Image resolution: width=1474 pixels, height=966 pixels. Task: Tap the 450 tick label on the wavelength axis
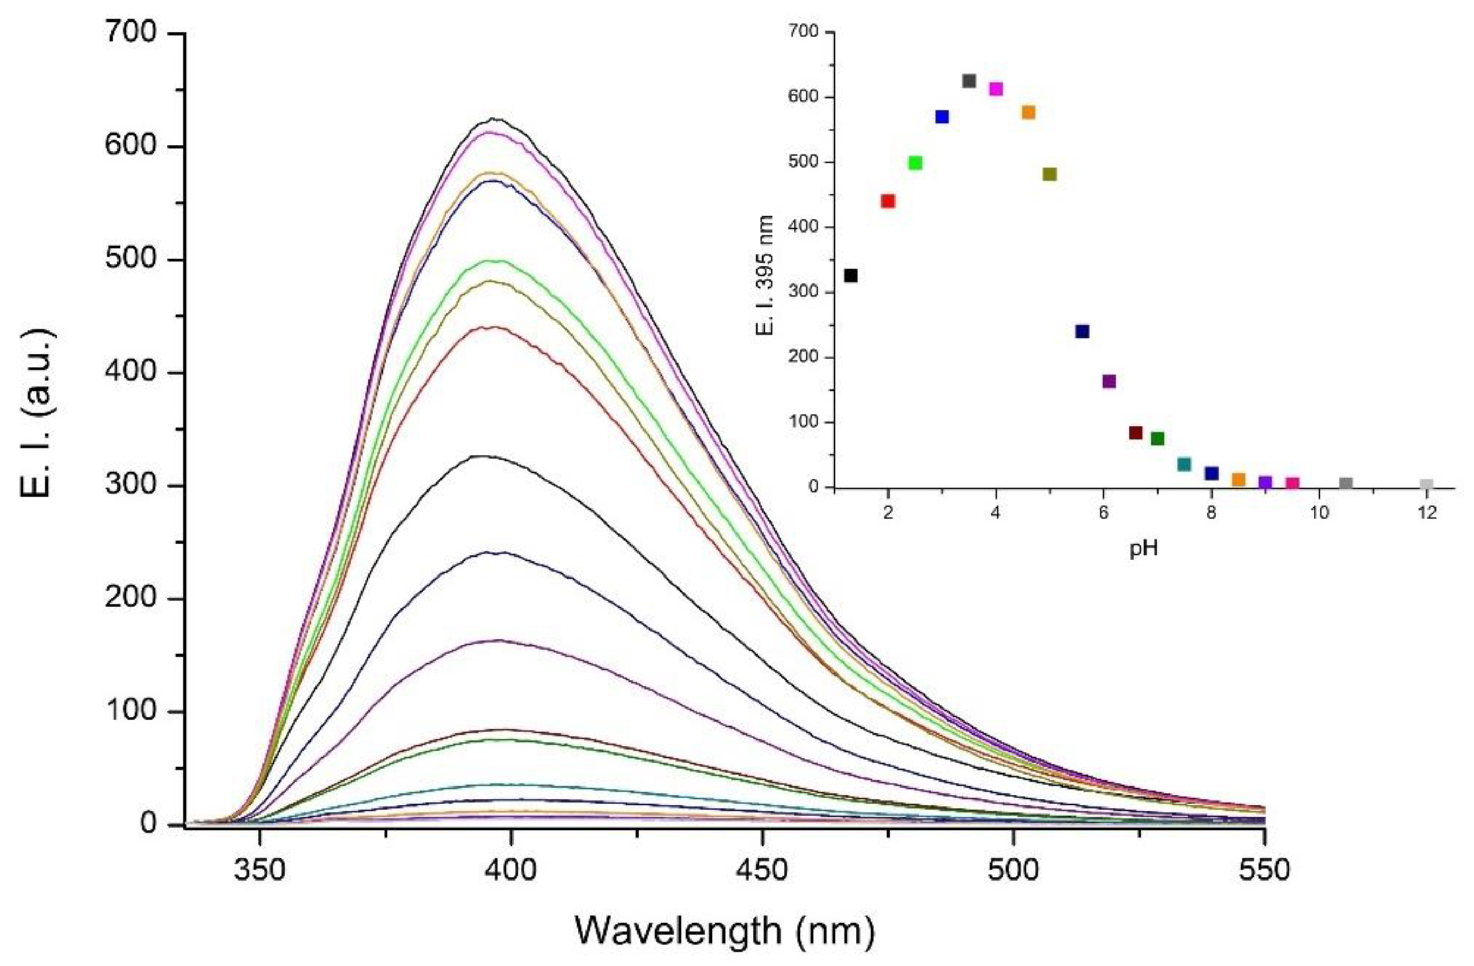(x=762, y=871)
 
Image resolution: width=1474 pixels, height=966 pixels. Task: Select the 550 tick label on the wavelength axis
(x=1264, y=871)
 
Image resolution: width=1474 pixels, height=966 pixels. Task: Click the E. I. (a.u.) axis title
(x=38, y=412)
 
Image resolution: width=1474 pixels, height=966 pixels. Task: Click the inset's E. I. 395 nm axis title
(x=766, y=275)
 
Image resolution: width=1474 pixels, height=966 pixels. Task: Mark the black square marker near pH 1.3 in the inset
(x=851, y=275)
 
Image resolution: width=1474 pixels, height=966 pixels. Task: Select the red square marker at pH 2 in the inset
(x=887, y=201)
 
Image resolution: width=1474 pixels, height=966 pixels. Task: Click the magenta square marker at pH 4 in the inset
(x=996, y=89)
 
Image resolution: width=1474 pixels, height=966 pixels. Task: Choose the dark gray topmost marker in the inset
(x=969, y=81)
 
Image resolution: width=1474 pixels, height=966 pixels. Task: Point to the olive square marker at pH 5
(x=1050, y=175)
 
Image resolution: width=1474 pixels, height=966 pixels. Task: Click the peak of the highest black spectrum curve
(x=493, y=118)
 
